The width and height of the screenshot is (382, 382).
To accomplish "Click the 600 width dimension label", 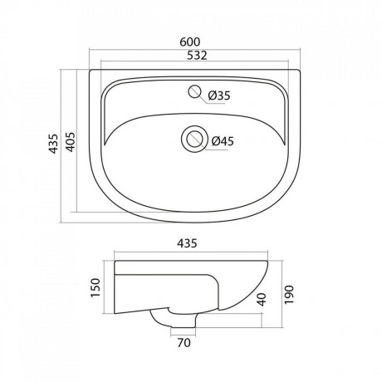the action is tap(189, 42).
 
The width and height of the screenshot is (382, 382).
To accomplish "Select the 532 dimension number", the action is tap(197, 56).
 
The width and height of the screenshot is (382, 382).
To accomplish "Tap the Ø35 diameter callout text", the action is tap(219, 95).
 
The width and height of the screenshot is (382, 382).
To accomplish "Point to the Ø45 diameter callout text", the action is tap(223, 141).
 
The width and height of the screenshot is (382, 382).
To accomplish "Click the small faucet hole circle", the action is tap(194, 91).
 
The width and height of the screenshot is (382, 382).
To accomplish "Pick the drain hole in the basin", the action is tap(194, 139).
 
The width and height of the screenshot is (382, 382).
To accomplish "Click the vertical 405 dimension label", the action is tap(71, 142).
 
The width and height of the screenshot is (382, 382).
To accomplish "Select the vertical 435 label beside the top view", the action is tap(53, 144).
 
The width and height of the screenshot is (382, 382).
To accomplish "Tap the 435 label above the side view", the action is tap(187, 243).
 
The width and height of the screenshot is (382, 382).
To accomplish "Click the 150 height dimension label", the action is tap(95, 288).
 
